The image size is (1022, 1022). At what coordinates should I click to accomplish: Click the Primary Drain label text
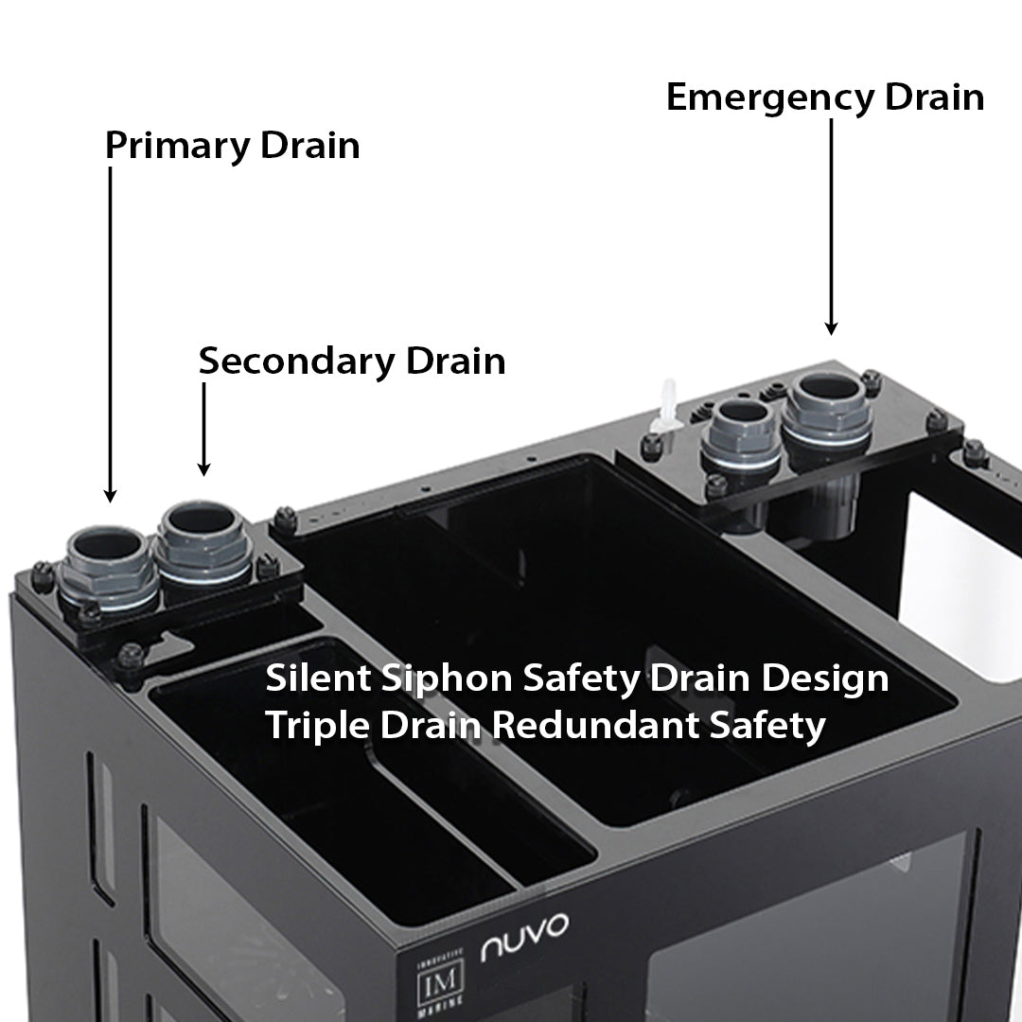232,147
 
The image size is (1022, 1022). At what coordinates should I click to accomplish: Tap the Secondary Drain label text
351,361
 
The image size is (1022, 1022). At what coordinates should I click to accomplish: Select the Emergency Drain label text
825,97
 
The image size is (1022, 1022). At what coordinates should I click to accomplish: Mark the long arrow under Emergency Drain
831,227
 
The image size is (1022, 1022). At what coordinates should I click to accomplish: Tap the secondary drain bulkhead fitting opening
202,521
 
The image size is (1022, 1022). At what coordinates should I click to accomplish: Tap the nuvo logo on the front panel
525,938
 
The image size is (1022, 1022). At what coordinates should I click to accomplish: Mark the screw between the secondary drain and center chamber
284,517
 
